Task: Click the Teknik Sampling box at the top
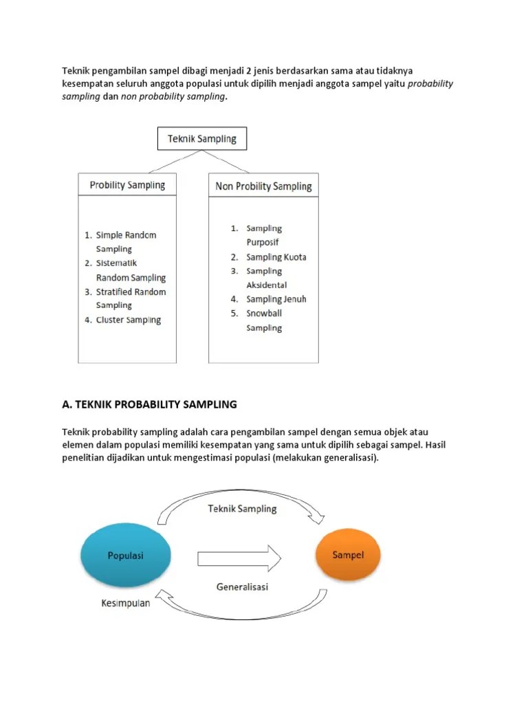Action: pos(201,139)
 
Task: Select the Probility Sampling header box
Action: pos(127,185)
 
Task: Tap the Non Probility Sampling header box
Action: pos(263,186)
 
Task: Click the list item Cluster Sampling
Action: pos(129,320)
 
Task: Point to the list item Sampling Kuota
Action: pos(276,257)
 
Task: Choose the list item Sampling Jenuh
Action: pos(276,299)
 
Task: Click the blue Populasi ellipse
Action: pos(126,555)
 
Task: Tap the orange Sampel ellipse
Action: pos(348,555)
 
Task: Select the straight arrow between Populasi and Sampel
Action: pos(239,555)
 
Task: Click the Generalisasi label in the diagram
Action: pos(242,587)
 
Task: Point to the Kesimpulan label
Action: pos(126,604)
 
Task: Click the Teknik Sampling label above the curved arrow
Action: pos(242,509)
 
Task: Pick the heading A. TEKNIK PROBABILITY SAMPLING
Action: pos(149,404)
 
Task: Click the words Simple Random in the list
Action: pos(126,235)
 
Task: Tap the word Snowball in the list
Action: pos(264,313)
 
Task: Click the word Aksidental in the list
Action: pos(267,285)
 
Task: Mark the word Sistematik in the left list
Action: pos(117,263)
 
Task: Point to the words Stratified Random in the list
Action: pos(131,292)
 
